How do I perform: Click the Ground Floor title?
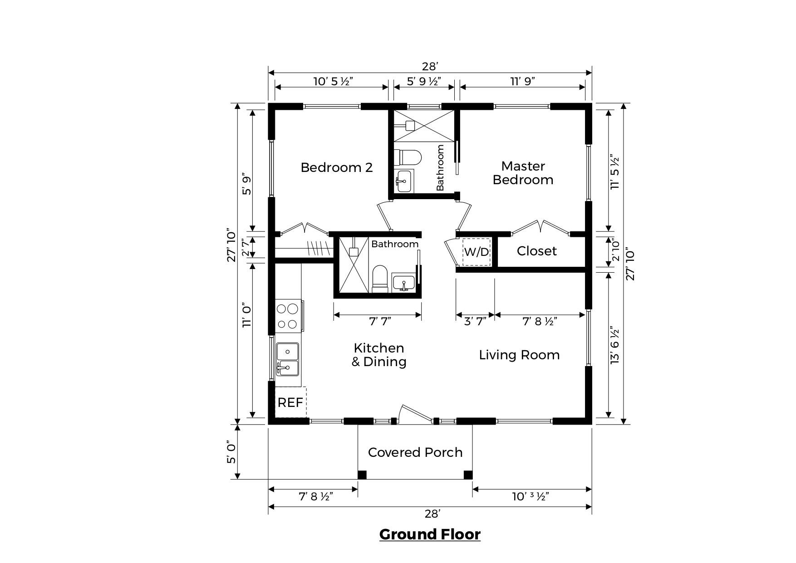(430, 534)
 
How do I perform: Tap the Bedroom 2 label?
(337, 167)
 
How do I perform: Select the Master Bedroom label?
(523, 173)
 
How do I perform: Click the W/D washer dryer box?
(477, 252)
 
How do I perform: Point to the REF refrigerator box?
(290, 402)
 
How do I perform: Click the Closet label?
(537, 251)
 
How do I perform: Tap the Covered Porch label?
(415, 452)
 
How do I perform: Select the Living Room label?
(519, 355)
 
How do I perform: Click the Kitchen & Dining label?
(379, 355)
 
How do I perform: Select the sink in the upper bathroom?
(403, 181)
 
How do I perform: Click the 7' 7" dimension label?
(380, 322)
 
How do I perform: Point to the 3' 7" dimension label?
(475, 322)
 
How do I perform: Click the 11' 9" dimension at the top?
(522, 81)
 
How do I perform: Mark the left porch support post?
(362, 475)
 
